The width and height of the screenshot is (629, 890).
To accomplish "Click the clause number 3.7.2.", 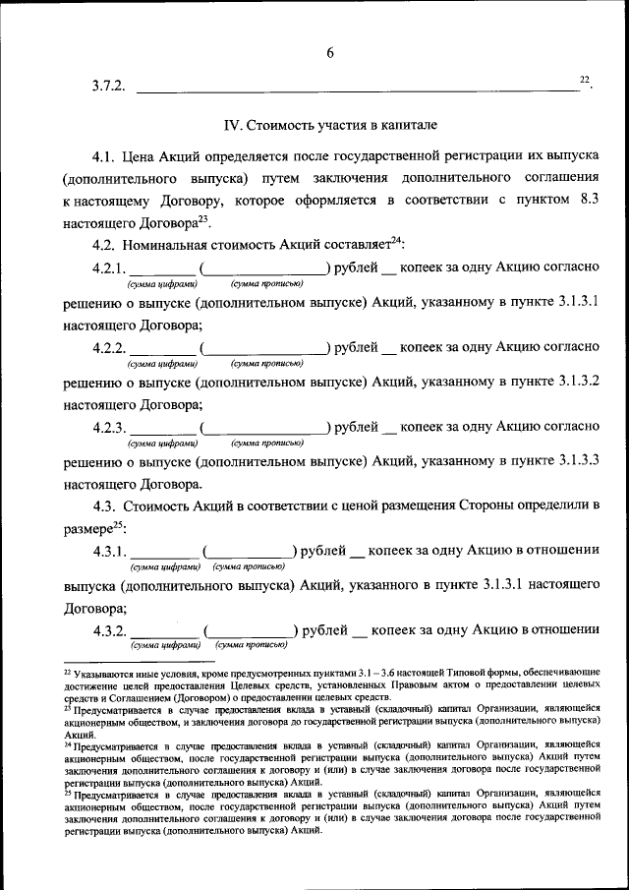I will (x=109, y=87).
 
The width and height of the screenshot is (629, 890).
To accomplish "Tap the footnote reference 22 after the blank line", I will (x=584, y=79).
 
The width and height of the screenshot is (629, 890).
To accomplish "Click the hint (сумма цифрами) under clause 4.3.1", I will (x=164, y=566).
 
